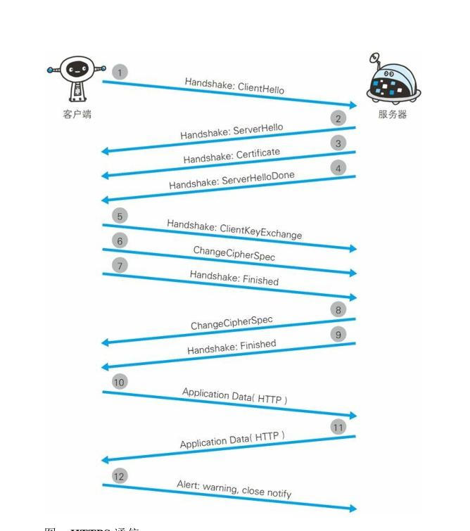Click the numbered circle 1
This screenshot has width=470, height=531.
tap(120, 72)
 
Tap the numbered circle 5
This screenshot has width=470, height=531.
tap(120, 216)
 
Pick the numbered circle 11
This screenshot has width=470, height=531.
tap(338, 427)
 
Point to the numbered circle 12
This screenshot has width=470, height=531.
tap(120, 476)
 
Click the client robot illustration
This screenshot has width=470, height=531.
tap(76, 77)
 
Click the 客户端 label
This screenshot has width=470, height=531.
tap(77, 114)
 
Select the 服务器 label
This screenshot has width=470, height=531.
tap(393, 114)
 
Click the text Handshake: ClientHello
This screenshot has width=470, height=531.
tap(234, 86)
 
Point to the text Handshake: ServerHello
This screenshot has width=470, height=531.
tap(231, 132)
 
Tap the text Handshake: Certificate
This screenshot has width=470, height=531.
tap(231, 156)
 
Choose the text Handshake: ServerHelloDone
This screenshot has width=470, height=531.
tap(231, 180)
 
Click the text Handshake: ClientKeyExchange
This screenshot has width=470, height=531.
tap(234, 229)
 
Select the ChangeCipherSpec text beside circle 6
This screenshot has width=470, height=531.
tap(234, 253)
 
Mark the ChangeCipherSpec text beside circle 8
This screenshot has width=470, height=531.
tap(231, 324)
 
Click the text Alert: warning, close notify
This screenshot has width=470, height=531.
tap(234, 489)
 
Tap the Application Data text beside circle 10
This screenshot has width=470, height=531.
tap(234, 395)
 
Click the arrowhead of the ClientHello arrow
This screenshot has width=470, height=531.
tap(352, 105)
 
